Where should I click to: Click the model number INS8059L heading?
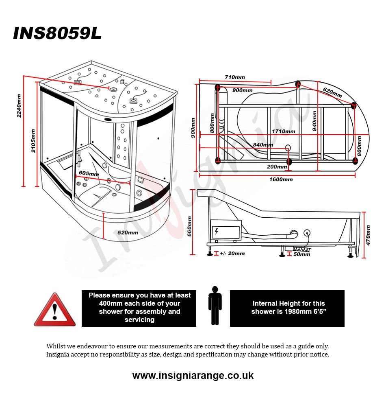pos(57,34)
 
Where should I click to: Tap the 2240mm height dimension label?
pos(19,106)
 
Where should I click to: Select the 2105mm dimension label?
pos(33,140)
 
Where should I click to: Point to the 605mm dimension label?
pos(89,173)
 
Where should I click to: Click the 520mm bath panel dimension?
pos(128,233)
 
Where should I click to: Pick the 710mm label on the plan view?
pos(234,77)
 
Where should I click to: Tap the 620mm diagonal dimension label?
pos(332,92)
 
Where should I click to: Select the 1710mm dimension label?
pos(283,131)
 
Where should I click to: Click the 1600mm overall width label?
pos(281,179)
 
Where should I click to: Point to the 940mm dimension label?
pos(314,120)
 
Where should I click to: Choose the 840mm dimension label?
pos(262,144)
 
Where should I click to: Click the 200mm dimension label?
pos(277,166)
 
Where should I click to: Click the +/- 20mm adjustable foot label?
pos(232,254)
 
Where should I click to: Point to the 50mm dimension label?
pos(301,254)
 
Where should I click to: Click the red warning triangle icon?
pos(54,310)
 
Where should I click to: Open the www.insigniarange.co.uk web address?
pos(193,375)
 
